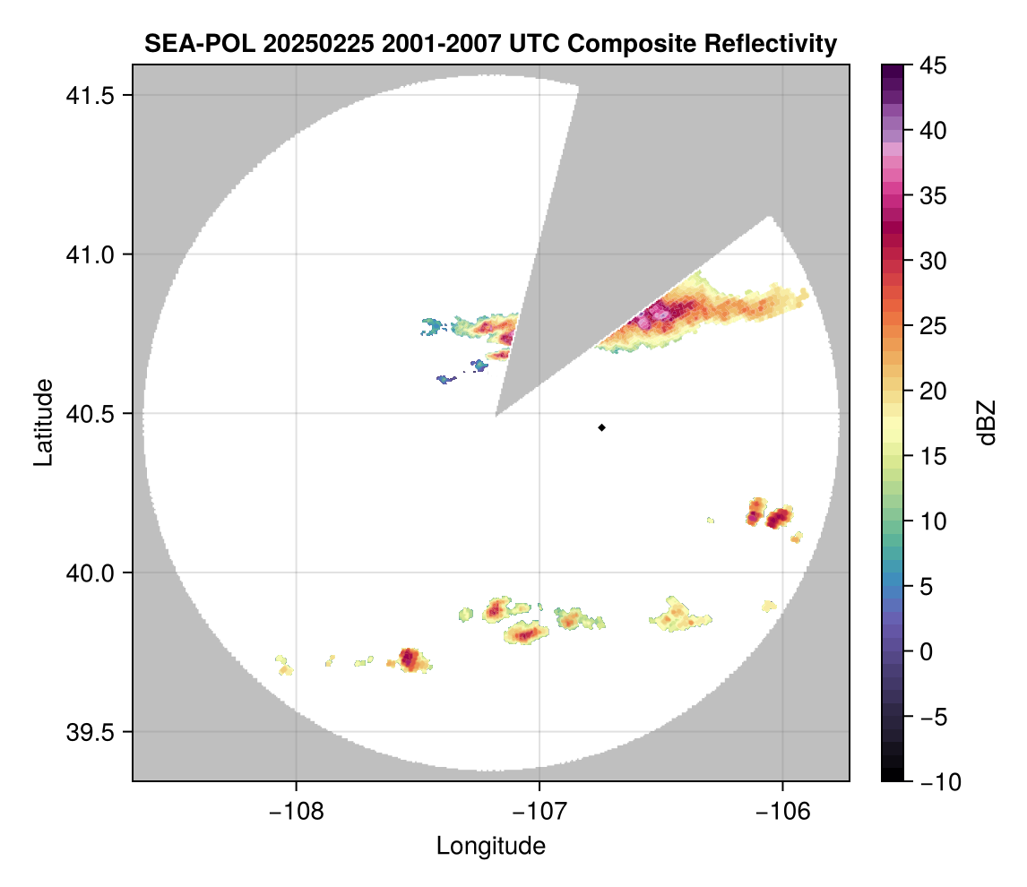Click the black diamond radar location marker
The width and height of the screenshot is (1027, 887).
(x=602, y=427)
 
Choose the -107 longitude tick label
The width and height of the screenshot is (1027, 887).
(x=539, y=810)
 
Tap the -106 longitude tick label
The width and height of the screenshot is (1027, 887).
(x=783, y=810)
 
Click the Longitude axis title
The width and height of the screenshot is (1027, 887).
(x=491, y=846)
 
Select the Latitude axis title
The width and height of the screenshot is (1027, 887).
(x=42, y=422)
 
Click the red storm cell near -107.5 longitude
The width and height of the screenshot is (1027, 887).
(x=409, y=659)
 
